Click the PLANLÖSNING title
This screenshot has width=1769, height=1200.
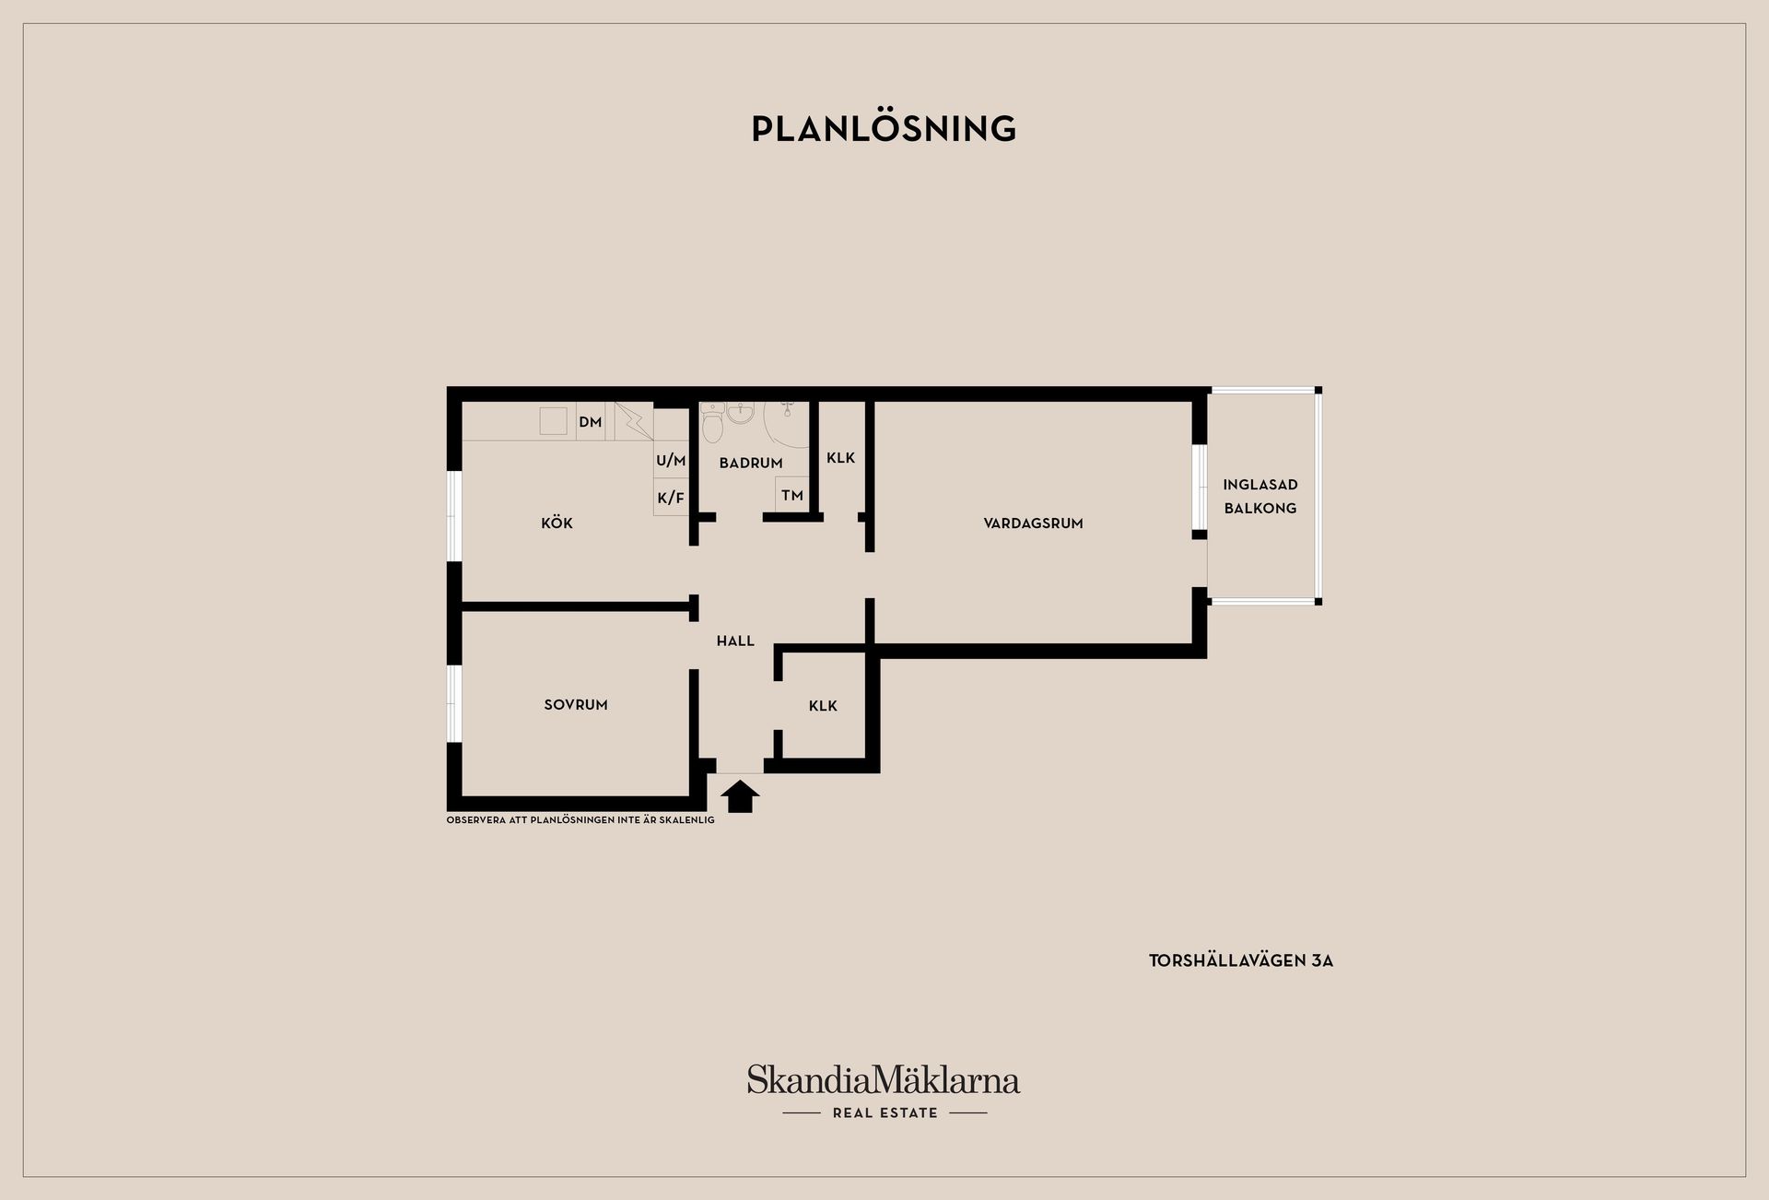point(884,128)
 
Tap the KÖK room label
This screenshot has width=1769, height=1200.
point(556,523)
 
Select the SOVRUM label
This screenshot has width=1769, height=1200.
point(576,705)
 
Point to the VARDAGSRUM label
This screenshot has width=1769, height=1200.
point(1033,524)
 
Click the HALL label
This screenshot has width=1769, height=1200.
point(735,641)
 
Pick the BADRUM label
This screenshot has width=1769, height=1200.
point(751,463)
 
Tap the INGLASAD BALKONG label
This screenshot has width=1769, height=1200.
point(1260,496)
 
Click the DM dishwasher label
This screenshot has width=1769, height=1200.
point(591,422)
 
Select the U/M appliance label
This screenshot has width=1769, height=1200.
point(671,460)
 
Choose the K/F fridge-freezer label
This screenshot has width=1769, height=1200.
point(671,498)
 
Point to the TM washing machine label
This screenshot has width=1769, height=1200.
point(792,495)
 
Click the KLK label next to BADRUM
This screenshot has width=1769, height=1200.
point(840,457)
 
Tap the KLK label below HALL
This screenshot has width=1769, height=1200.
point(823,706)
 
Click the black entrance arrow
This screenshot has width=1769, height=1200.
point(740,796)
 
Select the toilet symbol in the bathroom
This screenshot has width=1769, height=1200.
point(713,424)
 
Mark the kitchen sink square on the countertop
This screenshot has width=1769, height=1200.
point(553,420)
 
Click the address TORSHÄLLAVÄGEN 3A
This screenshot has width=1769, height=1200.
point(1240,960)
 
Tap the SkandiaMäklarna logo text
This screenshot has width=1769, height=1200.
point(884,1080)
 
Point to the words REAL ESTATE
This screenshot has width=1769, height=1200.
point(884,1112)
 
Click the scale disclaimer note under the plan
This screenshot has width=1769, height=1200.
point(580,819)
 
